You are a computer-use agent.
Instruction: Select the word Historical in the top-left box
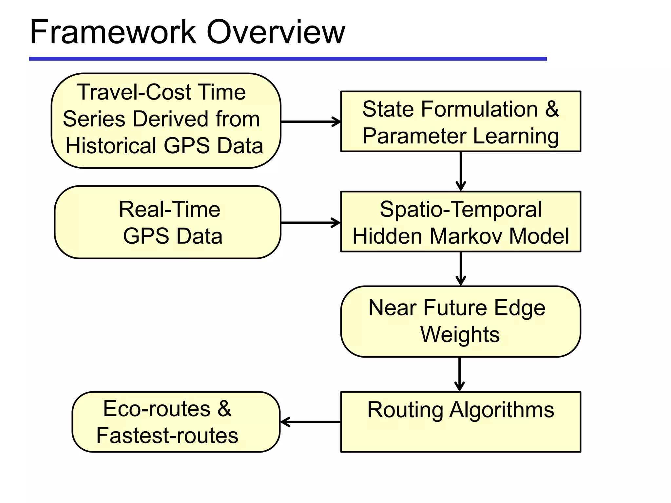[111, 146]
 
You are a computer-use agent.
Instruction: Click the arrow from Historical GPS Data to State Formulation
[311, 121]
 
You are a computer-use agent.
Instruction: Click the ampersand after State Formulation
[552, 109]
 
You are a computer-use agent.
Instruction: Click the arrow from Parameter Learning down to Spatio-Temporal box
[461, 171]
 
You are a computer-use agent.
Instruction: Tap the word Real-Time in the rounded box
[169, 209]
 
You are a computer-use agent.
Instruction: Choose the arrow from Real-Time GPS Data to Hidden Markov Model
[311, 223]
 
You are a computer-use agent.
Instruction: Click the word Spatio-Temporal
[461, 209]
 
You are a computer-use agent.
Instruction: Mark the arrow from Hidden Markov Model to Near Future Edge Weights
[461, 269]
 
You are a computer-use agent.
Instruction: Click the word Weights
[460, 335]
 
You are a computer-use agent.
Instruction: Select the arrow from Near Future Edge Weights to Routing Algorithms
[460, 374]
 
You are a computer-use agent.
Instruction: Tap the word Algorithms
[501, 410]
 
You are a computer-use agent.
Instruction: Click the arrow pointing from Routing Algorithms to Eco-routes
[311, 422]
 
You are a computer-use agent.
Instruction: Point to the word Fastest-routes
[167, 436]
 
